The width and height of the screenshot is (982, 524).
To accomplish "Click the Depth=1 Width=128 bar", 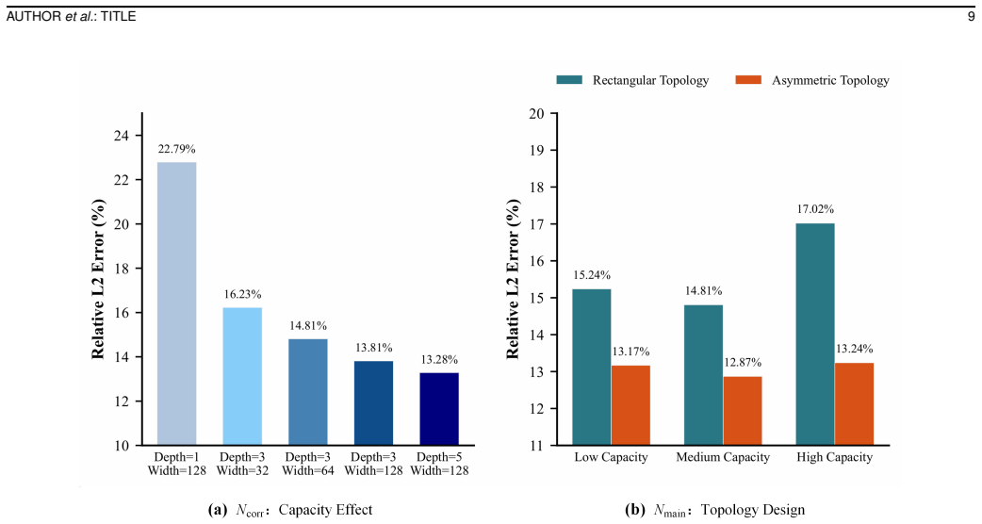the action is coord(176,303).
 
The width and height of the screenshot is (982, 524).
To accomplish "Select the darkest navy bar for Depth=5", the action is coord(439,409).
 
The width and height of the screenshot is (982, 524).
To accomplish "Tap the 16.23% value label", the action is coord(242,294).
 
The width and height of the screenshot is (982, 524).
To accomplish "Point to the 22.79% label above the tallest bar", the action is coord(176,149).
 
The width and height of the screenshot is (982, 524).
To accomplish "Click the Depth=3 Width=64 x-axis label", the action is coord(308,464).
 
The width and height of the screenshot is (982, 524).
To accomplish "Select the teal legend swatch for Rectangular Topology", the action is coord(569,80).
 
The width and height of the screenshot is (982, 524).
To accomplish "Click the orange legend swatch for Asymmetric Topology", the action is coord(748,80).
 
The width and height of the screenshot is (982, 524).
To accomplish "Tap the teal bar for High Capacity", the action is coord(815,335).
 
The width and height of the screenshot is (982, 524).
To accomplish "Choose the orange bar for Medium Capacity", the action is coord(742,411).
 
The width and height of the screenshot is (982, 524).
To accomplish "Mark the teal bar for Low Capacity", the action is coord(591,367).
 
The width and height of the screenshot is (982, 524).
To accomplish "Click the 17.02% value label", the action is coord(815,209).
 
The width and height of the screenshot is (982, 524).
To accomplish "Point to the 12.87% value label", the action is coord(742,363).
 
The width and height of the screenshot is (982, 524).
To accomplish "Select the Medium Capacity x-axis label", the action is coord(723,458).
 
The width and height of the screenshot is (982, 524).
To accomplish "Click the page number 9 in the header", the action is coord(972,17).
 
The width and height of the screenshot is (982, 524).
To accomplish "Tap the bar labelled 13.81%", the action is coord(373,403).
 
